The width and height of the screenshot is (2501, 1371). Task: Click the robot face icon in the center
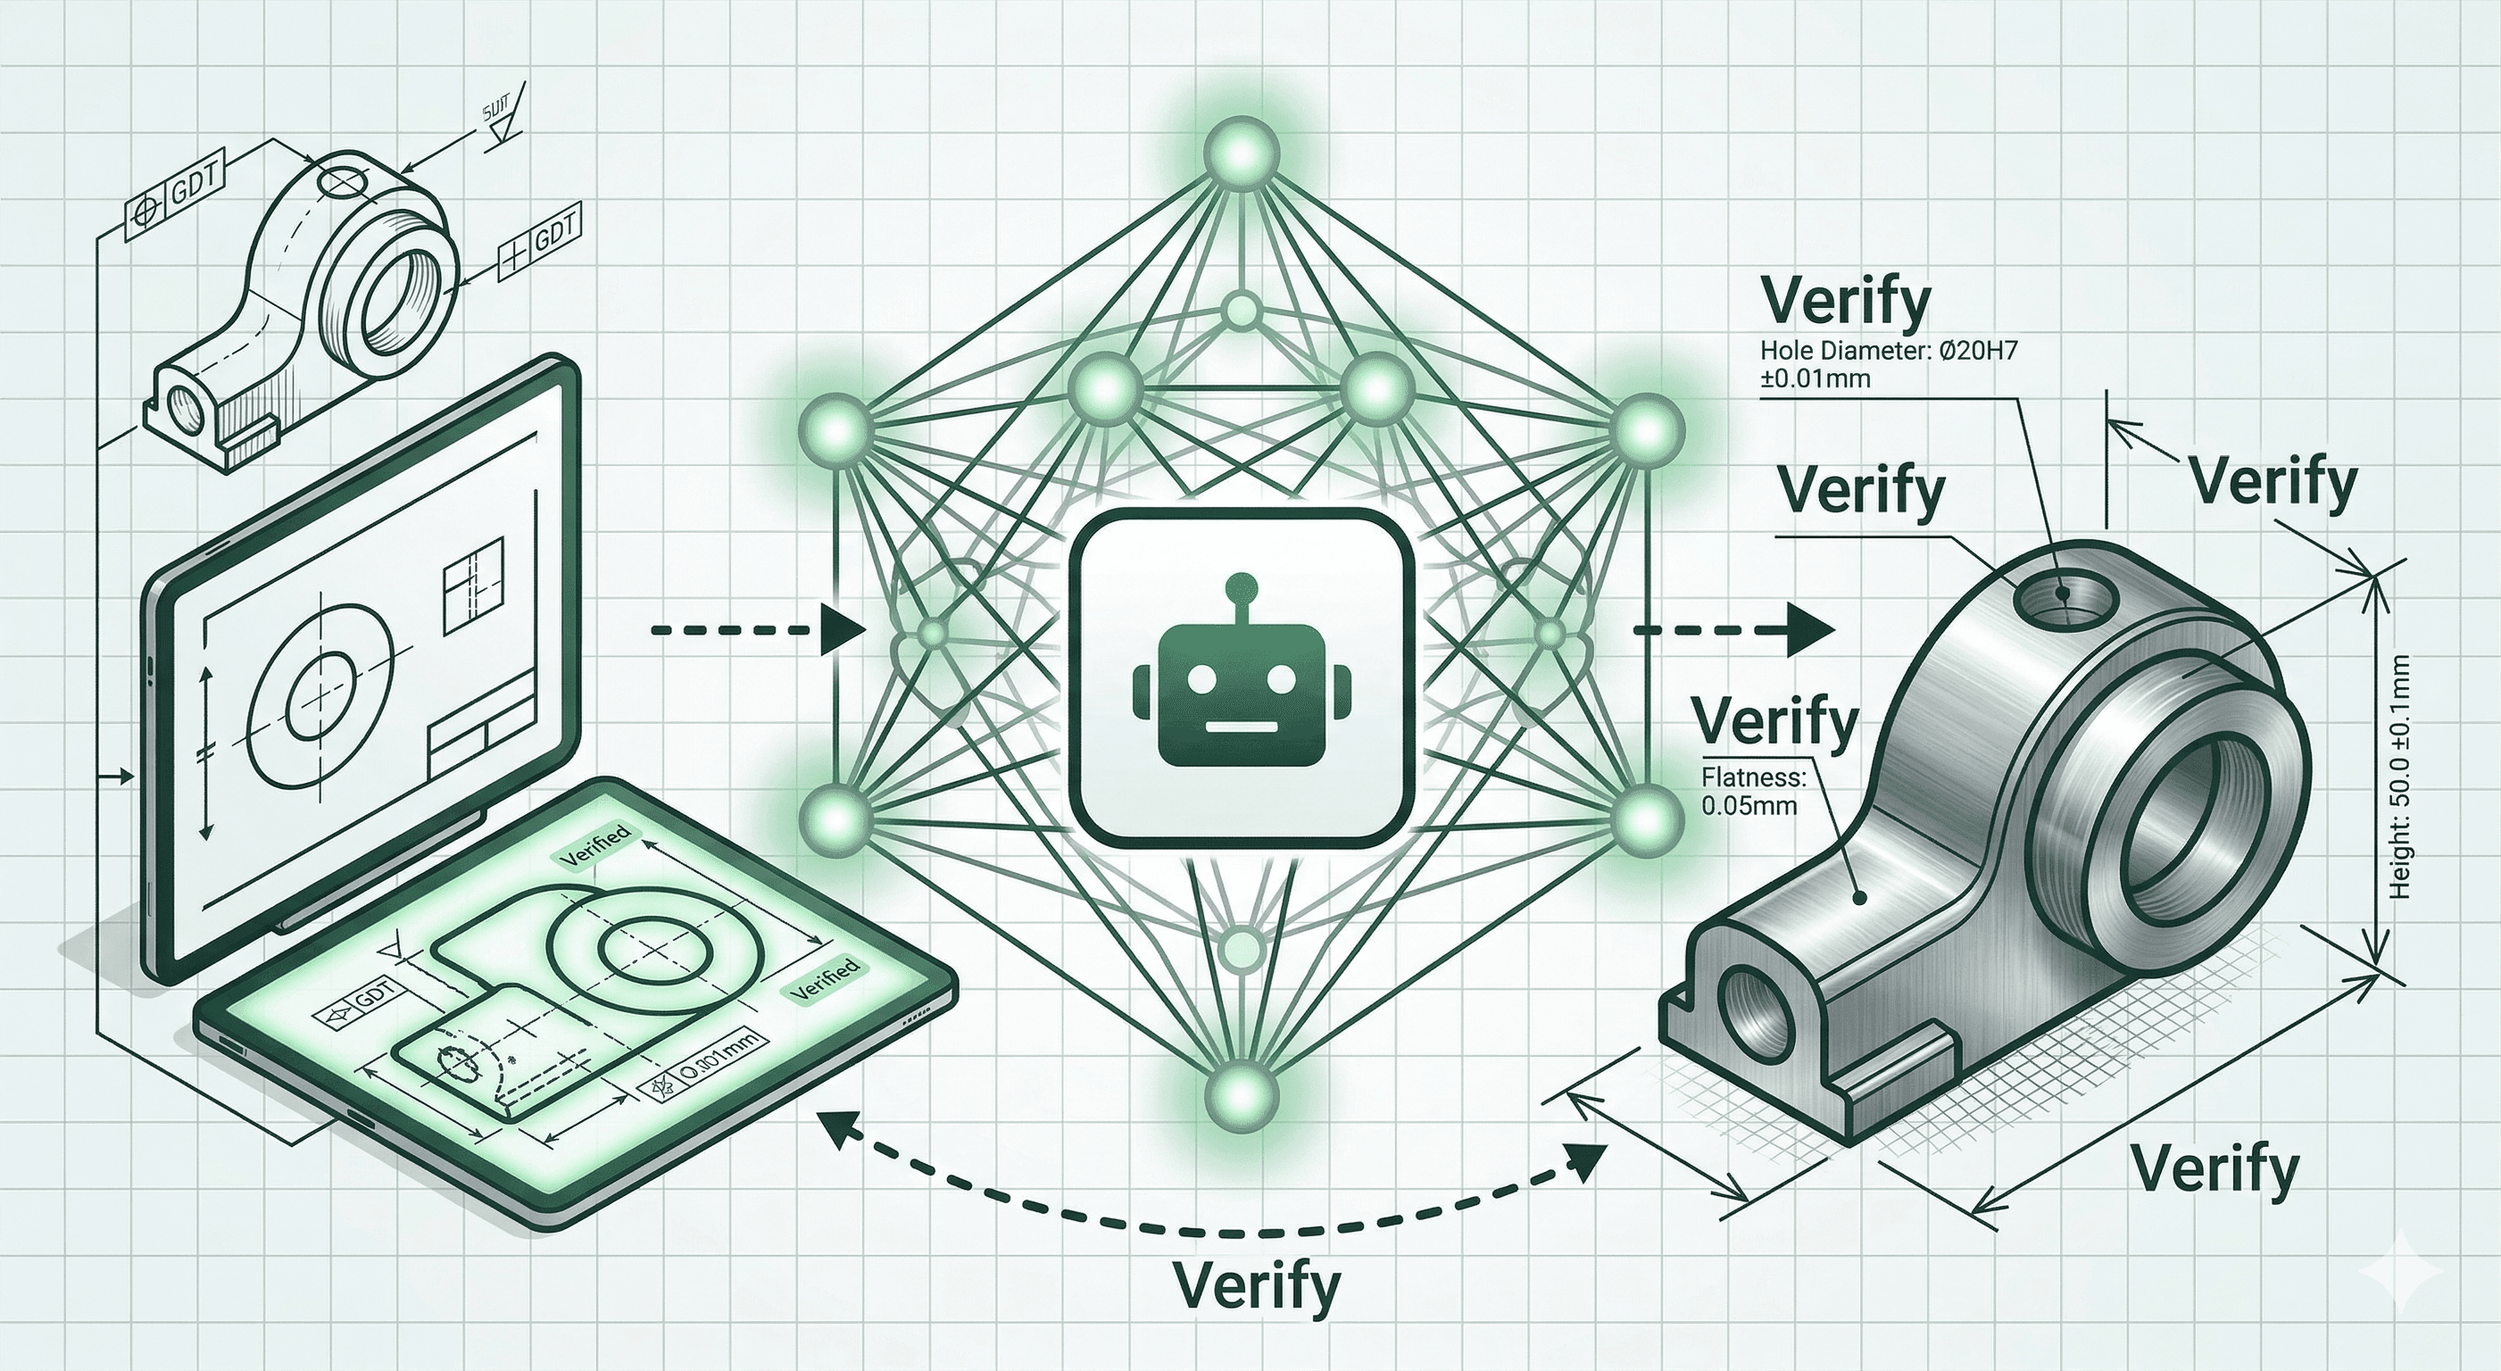pos(1236,678)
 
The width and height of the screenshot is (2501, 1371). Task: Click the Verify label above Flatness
pos(1774,721)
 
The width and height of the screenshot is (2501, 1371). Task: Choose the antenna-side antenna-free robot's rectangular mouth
pos(1236,727)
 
